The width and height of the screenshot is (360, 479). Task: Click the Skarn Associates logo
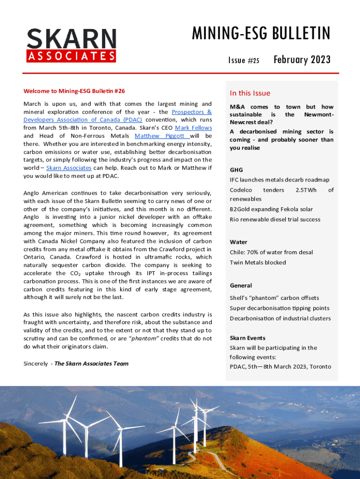pos(72,45)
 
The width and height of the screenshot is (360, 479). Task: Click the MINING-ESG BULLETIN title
pos(261,34)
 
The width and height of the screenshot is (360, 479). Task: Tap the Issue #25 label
pos(244,60)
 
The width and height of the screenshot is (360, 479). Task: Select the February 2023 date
pos(302,59)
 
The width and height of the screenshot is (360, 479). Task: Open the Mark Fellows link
pos(193,128)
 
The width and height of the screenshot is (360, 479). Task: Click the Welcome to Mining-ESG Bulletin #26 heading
pos(74,91)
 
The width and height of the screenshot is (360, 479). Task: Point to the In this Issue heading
pos(250,93)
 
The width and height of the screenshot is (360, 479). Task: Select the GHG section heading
pos(236,170)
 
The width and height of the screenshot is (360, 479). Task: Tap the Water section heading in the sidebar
pos(238,242)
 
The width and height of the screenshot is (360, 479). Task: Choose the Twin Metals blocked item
pos(258,262)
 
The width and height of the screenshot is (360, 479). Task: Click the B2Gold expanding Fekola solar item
pos(271,209)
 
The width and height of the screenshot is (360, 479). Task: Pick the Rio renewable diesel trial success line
pos(275,219)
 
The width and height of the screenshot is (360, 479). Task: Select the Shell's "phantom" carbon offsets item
pos(274,298)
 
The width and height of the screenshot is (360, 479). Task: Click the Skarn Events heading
pos(247,338)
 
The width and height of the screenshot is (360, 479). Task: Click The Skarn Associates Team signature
pos(91,363)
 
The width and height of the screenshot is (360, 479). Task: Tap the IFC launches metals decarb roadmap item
pos(279,180)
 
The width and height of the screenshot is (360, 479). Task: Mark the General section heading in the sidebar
pos(241,285)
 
